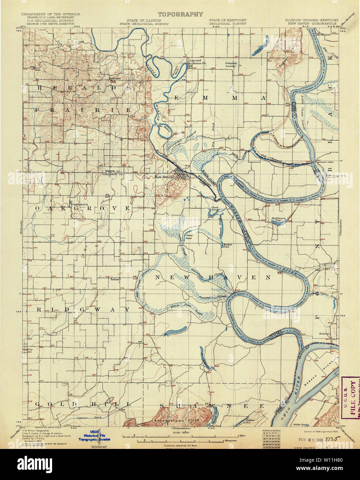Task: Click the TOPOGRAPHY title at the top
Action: [x=180, y=14]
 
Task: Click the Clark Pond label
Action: [x=215, y=208]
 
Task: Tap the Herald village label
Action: [x=115, y=78]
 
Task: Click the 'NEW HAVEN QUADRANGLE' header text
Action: [x=312, y=24]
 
